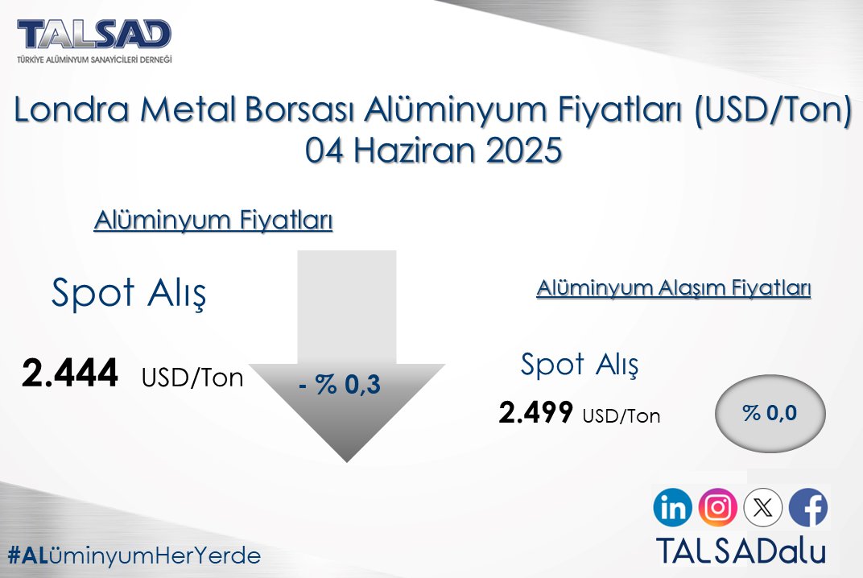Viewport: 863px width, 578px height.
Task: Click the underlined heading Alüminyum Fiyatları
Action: (213, 220)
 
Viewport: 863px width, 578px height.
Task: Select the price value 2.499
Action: (536, 413)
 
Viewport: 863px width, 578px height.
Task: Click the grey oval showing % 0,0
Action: (770, 413)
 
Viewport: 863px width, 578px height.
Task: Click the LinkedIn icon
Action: (673, 508)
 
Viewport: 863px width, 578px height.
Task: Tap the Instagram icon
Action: (718, 508)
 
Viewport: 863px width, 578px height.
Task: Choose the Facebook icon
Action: (808, 508)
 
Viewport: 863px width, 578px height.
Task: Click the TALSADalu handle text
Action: (741, 550)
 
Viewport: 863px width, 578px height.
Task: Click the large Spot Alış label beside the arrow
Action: (129, 294)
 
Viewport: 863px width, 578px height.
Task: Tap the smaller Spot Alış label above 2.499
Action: (580, 365)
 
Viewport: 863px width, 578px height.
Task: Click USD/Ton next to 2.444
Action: (192, 378)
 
